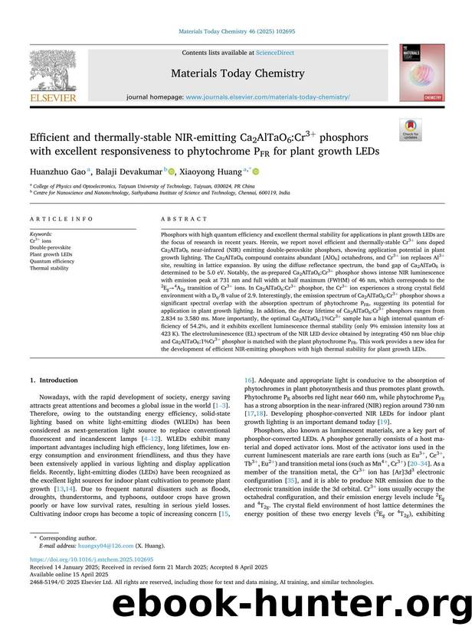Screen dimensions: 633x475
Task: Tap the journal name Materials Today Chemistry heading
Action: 237,73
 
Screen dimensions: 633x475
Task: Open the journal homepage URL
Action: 267,97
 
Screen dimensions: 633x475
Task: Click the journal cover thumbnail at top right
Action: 421,73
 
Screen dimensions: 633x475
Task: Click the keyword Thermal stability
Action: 49,269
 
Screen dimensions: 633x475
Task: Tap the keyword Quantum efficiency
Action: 52,262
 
